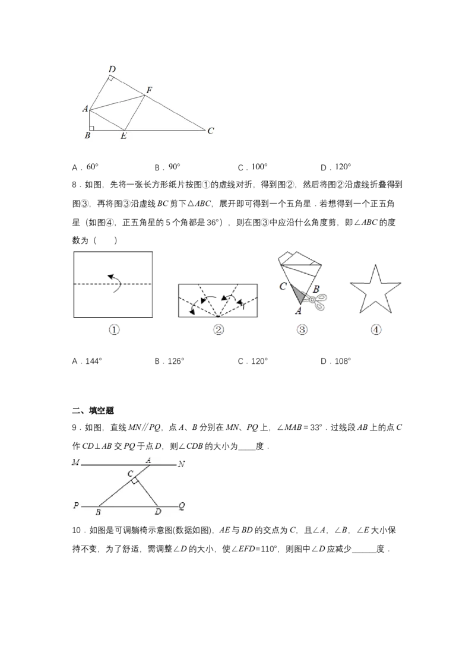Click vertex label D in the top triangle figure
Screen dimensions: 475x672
coord(112,69)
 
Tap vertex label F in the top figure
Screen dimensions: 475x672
coord(149,90)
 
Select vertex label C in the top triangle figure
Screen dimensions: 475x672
coord(211,130)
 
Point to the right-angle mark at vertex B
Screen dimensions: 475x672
coord(91,128)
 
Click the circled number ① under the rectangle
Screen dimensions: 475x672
coord(113,329)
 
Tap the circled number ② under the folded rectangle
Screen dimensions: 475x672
coord(218,329)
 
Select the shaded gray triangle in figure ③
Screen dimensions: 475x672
coord(299,293)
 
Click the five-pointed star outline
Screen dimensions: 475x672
coord(375,290)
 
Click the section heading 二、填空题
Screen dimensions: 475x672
coord(93,410)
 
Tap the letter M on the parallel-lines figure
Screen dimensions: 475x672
coord(76,462)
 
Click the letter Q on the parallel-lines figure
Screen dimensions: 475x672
coord(182,506)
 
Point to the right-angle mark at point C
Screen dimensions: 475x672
coord(135,481)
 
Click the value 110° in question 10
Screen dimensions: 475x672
coord(268,549)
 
